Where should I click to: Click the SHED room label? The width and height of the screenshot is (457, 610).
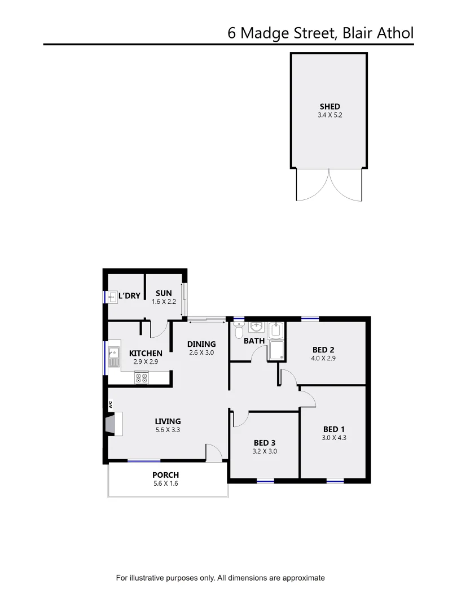[330, 106]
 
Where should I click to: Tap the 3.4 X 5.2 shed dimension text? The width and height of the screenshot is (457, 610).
[330, 115]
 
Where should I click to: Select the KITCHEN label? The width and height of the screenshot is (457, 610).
[146, 353]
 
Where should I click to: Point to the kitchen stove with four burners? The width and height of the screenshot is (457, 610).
[141, 378]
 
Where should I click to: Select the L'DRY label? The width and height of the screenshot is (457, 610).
[129, 295]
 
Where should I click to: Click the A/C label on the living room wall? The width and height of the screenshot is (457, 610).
[111, 404]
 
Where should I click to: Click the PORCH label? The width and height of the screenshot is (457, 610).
[165, 475]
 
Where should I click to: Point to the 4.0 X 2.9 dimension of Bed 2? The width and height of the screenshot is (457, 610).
[323, 358]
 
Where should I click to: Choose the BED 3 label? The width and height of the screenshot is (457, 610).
[265, 443]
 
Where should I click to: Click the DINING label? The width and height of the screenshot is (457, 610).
[201, 344]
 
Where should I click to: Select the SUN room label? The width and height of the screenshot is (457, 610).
[164, 293]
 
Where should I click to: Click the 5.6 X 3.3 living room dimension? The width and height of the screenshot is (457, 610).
[168, 429]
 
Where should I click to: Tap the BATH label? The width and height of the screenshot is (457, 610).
[254, 341]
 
